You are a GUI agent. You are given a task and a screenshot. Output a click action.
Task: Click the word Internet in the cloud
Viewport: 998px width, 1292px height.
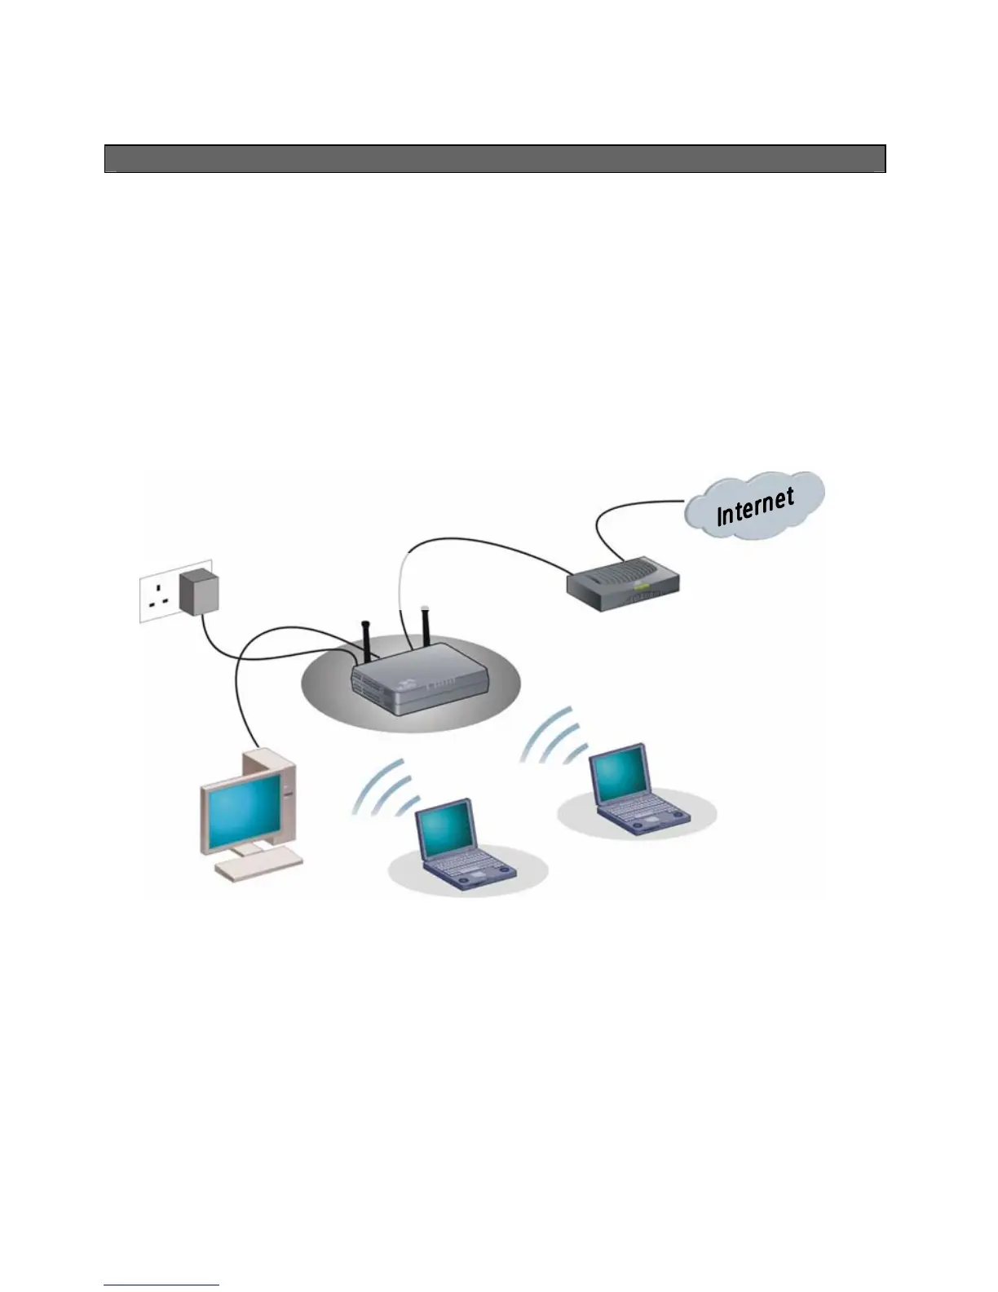(755, 506)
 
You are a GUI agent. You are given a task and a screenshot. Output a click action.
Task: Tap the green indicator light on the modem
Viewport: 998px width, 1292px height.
(643, 585)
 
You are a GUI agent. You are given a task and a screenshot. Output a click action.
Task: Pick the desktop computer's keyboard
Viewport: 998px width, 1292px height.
(258, 865)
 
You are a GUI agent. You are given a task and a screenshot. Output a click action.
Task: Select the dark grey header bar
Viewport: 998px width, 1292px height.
(495, 159)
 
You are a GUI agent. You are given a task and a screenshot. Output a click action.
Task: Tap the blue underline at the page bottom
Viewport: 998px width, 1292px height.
(161, 1285)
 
